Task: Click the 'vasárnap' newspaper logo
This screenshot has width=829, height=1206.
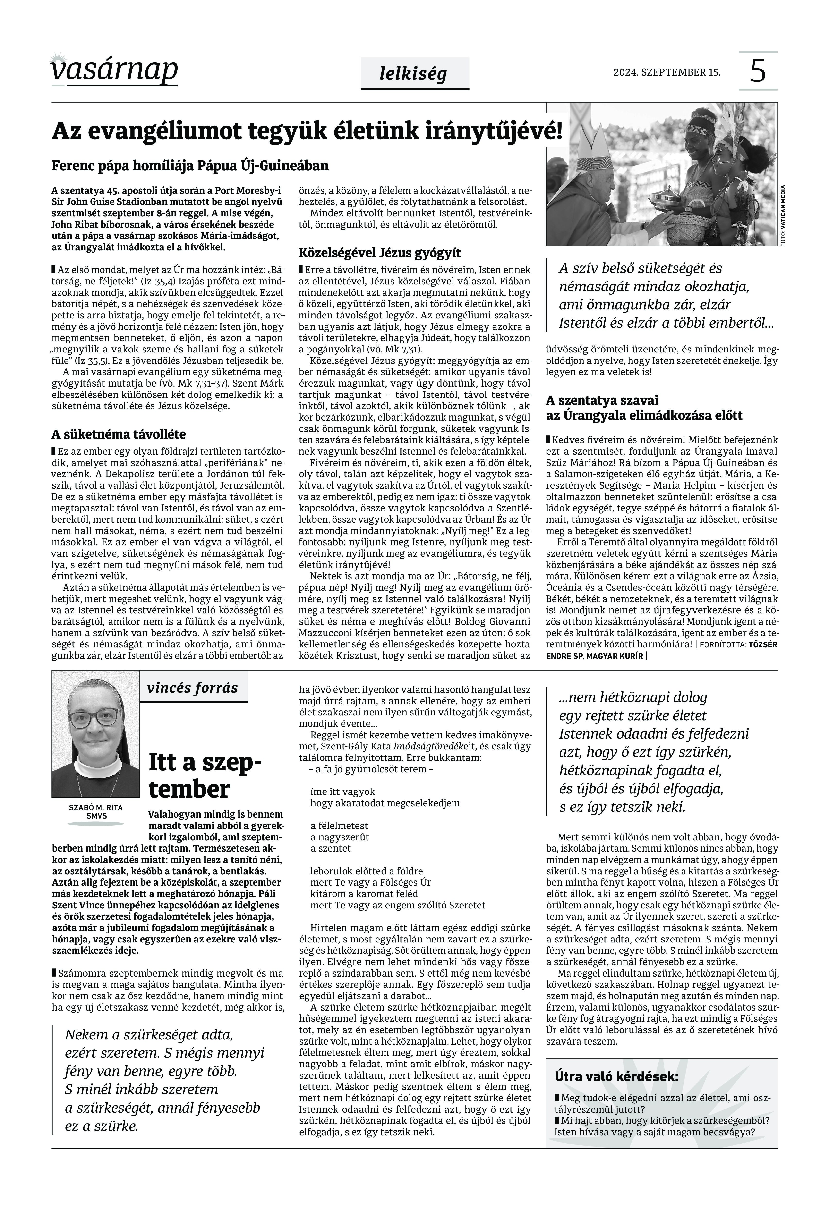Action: pos(114,70)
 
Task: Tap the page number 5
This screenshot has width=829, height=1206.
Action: pos(758,71)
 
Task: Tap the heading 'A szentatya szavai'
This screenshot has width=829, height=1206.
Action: pos(602,400)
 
